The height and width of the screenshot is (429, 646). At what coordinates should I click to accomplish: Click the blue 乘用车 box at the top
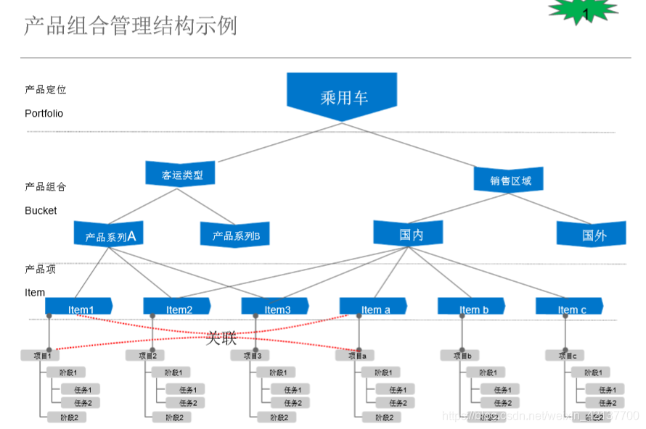pos(342,96)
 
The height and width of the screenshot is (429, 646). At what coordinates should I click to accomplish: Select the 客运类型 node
pos(182,175)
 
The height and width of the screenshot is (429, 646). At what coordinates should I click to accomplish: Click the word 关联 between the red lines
pos(221,338)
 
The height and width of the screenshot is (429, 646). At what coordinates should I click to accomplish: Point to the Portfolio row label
pos(44,114)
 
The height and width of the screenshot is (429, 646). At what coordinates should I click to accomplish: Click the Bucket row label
pos(41,211)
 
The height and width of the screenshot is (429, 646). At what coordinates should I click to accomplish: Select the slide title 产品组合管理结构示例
pos(130,27)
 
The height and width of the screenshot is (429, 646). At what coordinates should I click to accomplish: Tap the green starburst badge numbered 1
pos(584,12)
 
